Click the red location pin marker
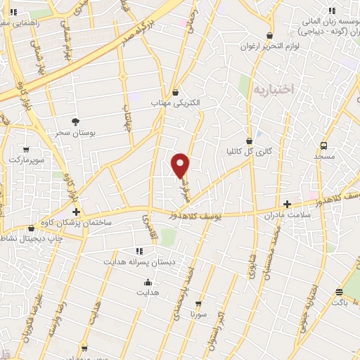pyautogui.click(x=181, y=165)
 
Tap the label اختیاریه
pyautogui.click(x=272, y=90)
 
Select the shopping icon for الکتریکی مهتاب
pyautogui.click(x=175, y=92)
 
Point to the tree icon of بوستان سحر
pyautogui.click(x=75, y=121)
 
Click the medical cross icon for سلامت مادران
pyautogui.click(x=287, y=204)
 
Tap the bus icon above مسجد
pyautogui.click(x=323, y=145)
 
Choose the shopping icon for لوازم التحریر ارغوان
pyautogui.click(x=269, y=36)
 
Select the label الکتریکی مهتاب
pyautogui.click(x=176, y=103)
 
